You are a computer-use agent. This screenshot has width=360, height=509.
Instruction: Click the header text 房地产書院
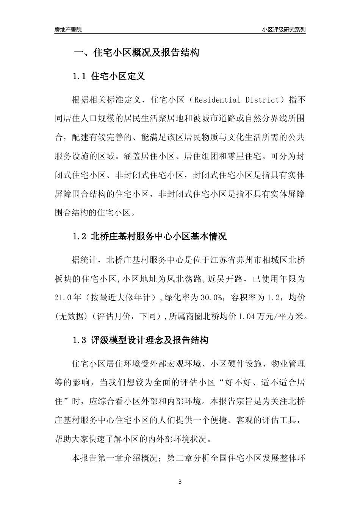coord(68,30)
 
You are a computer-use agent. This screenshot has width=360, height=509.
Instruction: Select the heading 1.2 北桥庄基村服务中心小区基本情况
coord(149,237)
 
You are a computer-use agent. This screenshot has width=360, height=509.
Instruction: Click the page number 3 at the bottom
coord(180,482)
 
